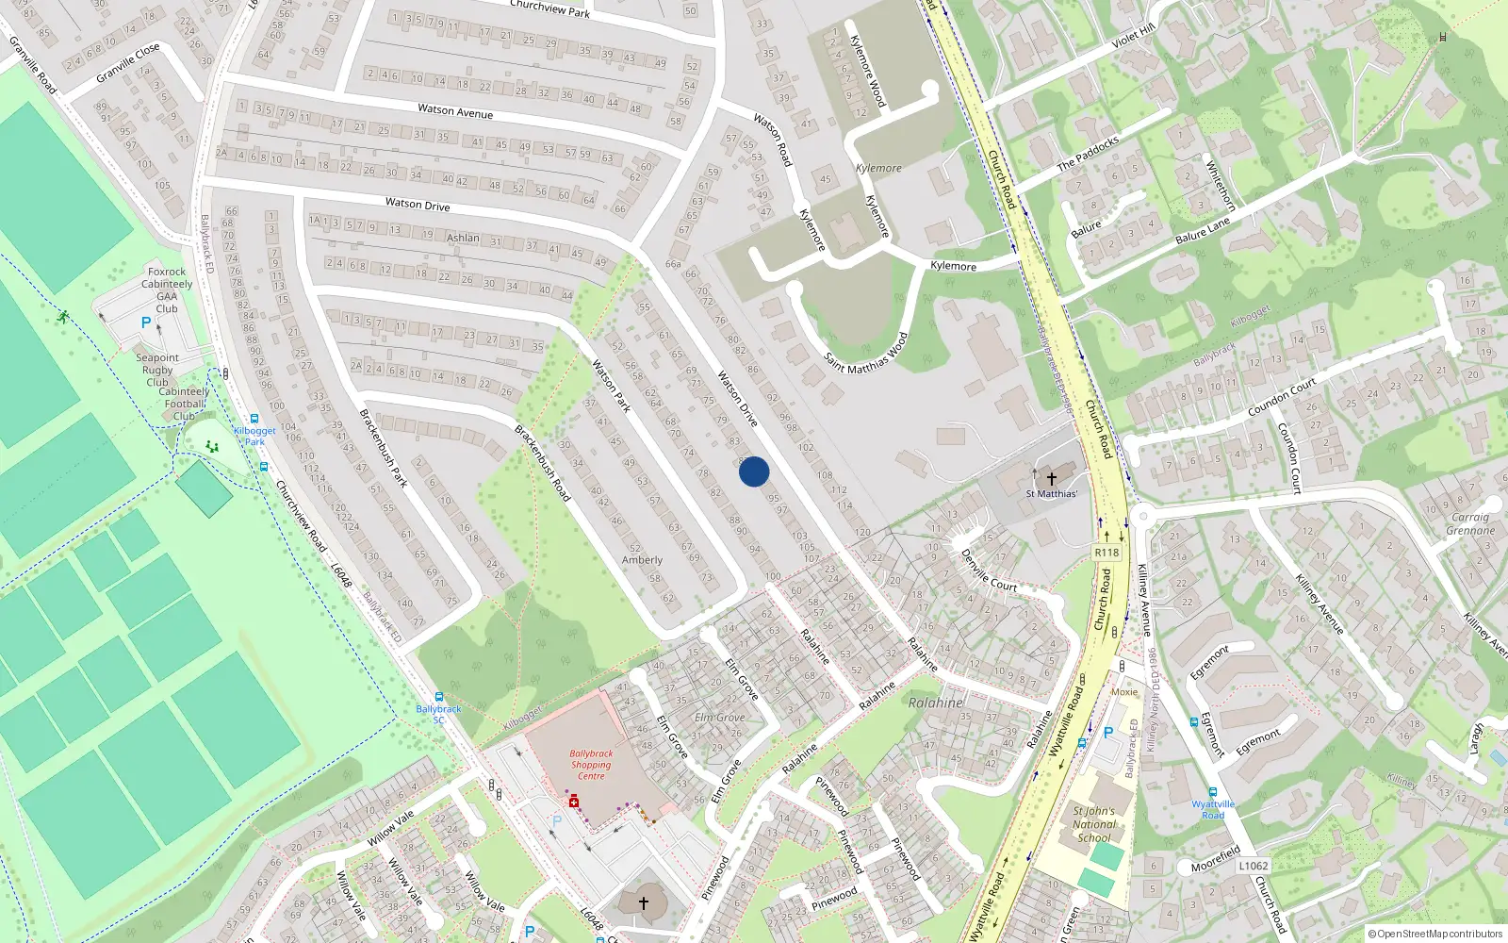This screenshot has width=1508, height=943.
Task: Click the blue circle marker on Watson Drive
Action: pyautogui.click(x=754, y=471)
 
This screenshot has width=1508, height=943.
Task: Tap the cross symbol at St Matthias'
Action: pyautogui.click(x=1052, y=479)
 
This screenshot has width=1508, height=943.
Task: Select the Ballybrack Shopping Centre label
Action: pyautogui.click(x=591, y=765)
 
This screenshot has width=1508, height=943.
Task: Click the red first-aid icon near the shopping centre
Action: pyautogui.click(x=573, y=802)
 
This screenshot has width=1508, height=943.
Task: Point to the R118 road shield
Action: pyautogui.click(x=1106, y=553)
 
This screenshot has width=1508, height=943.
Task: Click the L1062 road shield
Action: pyautogui.click(x=1254, y=866)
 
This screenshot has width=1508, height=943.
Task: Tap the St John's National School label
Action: pyautogui.click(x=1093, y=824)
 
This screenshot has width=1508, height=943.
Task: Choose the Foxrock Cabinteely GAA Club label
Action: pyautogui.click(x=167, y=290)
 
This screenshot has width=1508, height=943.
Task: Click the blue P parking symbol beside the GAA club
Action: pyautogui.click(x=145, y=323)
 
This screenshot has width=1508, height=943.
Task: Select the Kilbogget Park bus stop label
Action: pyautogui.click(x=254, y=436)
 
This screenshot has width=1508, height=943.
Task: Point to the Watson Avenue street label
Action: pyautogui.click(x=455, y=111)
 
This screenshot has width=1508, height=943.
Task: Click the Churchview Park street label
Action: pyautogui.click(x=549, y=8)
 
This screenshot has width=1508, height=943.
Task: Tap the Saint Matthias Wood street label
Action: pyautogui.click(x=866, y=352)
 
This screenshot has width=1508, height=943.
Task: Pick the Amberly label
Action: pyautogui.click(x=642, y=560)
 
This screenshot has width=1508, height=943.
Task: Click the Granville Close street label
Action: pyautogui.click(x=128, y=63)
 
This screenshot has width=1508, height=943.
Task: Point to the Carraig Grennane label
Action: pyautogui.click(x=1470, y=523)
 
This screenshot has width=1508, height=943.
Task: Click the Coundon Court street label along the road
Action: pyautogui.click(x=1281, y=398)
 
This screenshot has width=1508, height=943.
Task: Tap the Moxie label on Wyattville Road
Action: pyautogui.click(x=1123, y=691)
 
